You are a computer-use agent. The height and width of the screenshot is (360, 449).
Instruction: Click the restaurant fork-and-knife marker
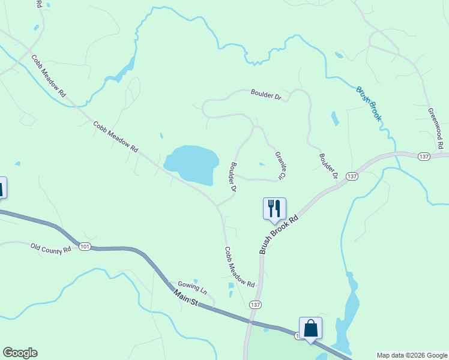(274, 208)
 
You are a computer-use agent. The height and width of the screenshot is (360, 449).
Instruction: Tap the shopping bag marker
(310, 328)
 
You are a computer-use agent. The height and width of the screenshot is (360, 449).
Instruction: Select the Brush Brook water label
(369, 104)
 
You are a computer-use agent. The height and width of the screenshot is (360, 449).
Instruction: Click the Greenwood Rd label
(436, 128)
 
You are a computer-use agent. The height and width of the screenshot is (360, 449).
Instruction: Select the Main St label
(185, 298)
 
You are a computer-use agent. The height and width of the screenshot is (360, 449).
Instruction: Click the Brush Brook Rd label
(279, 235)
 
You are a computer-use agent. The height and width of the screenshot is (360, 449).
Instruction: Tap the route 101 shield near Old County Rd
(85, 247)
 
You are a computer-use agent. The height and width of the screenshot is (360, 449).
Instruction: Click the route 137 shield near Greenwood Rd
(424, 156)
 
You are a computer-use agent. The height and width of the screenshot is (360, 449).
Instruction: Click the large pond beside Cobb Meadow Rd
(191, 164)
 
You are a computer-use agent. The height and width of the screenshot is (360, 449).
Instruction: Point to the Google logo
(20, 353)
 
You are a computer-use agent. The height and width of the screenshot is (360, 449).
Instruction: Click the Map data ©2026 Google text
(411, 355)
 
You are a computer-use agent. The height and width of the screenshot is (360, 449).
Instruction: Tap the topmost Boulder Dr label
(265, 94)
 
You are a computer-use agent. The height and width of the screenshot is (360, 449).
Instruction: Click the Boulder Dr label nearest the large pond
(232, 176)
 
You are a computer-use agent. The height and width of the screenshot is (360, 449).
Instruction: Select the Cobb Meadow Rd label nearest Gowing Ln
(240, 266)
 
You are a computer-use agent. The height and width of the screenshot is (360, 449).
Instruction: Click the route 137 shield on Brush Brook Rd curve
(352, 176)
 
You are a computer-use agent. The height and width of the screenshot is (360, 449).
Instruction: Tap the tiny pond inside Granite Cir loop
(262, 164)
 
